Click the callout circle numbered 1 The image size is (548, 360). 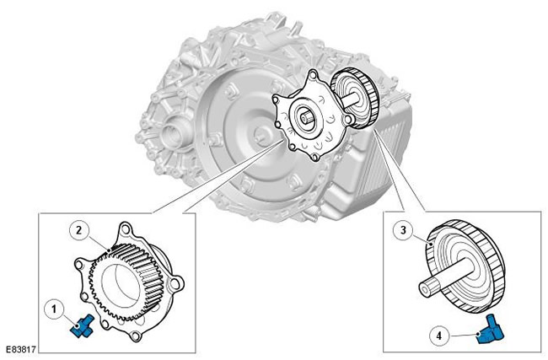54,309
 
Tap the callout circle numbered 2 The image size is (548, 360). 79,231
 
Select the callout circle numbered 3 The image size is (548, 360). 403,231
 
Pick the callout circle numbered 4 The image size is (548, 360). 439,336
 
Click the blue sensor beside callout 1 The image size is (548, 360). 83,326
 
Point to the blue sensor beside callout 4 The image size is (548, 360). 490,331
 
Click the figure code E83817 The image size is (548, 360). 19,349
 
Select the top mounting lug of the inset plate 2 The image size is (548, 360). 126,230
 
